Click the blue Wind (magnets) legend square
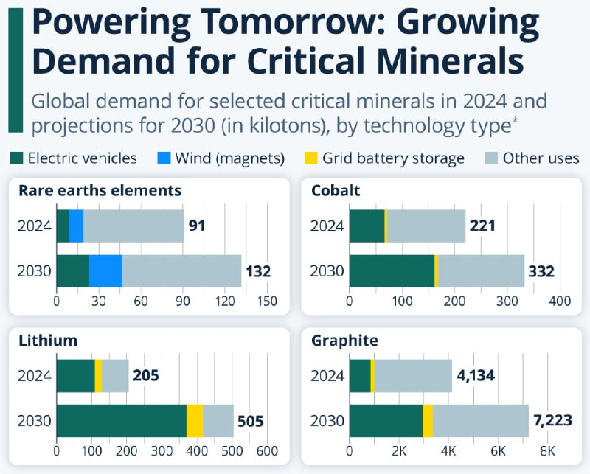pyautogui.click(x=166, y=158)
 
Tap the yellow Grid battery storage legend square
pyautogui.click(x=312, y=158)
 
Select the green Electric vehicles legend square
pyautogui.click(x=17, y=158)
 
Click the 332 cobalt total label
pyautogui.click(x=540, y=271)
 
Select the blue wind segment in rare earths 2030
pyautogui.click(x=105, y=271)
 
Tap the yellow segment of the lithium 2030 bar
pyautogui.click(x=195, y=421)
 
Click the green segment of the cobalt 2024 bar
pyautogui.click(x=367, y=226)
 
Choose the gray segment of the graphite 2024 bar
pyautogui.click(x=413, y=376)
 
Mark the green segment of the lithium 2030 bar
pyautogui.click(x=122, y=421)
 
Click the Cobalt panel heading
pyautogui.click(x=336, y=191)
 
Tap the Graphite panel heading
pyautogui.click(x=344, y=341)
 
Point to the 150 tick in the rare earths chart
pyautogui.click(x=268, y=301)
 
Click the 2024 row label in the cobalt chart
pyautogui.click(x=327, y=226)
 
